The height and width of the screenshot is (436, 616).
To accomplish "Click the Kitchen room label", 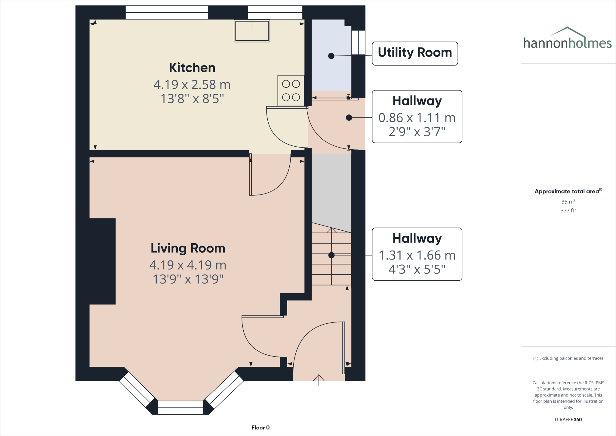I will click(x=192, y=68).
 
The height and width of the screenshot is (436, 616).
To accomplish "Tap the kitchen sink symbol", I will click(x=252, y=31).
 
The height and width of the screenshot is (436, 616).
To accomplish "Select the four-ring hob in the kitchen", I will click(x=291, y=90).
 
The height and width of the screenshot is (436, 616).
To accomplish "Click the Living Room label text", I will click(x=188, y=248).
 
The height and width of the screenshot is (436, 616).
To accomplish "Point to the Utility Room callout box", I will click(x=415, y=53).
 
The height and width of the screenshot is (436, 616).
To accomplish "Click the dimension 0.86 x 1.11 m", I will click(x=417, y=118).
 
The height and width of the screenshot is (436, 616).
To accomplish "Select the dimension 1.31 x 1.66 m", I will click(x=417, y=255).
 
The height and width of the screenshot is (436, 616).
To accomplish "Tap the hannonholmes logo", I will click(x=568, y=39).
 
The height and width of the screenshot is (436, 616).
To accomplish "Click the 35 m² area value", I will click(x=568, y=202).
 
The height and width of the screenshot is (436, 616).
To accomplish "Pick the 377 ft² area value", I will click(x=568, y=210).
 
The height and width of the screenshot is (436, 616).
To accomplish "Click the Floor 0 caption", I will click(x=260, y=428).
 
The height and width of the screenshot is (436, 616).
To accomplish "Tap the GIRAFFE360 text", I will click(x=568, y=419).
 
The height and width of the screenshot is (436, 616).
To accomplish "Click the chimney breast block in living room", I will click(x=102, y=261).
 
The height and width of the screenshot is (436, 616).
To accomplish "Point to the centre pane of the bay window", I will click(x=180, y=407).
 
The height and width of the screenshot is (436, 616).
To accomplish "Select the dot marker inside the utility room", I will click(x=331, y=56).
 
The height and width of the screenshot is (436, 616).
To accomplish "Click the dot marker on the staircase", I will click(x=331, y=255).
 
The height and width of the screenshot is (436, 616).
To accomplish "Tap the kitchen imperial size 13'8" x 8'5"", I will click(x=192, y=99).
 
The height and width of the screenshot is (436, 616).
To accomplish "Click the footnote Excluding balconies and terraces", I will click(x=568, y=358).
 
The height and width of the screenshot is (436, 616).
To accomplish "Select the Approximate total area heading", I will click(x=567, y=192).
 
